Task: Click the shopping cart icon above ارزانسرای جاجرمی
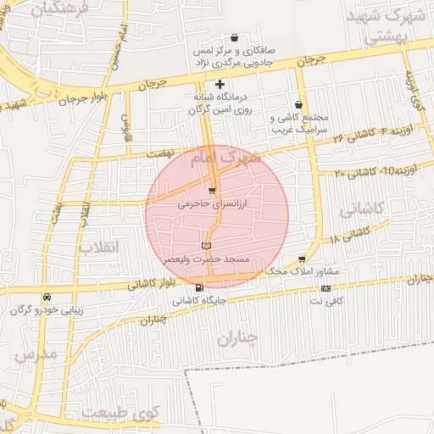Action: click(x=212, y=191)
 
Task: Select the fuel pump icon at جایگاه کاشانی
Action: click(x=199, y=288)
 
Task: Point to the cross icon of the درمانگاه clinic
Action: click(x=220, y=84)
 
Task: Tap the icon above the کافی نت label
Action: click(x=326, y=289)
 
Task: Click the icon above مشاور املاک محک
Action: click(x=301, y=259)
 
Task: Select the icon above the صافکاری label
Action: click(x=235, y=37)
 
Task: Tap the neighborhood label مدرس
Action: click(x=36, y=353)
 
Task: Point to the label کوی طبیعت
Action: click(x=136, y=415)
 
